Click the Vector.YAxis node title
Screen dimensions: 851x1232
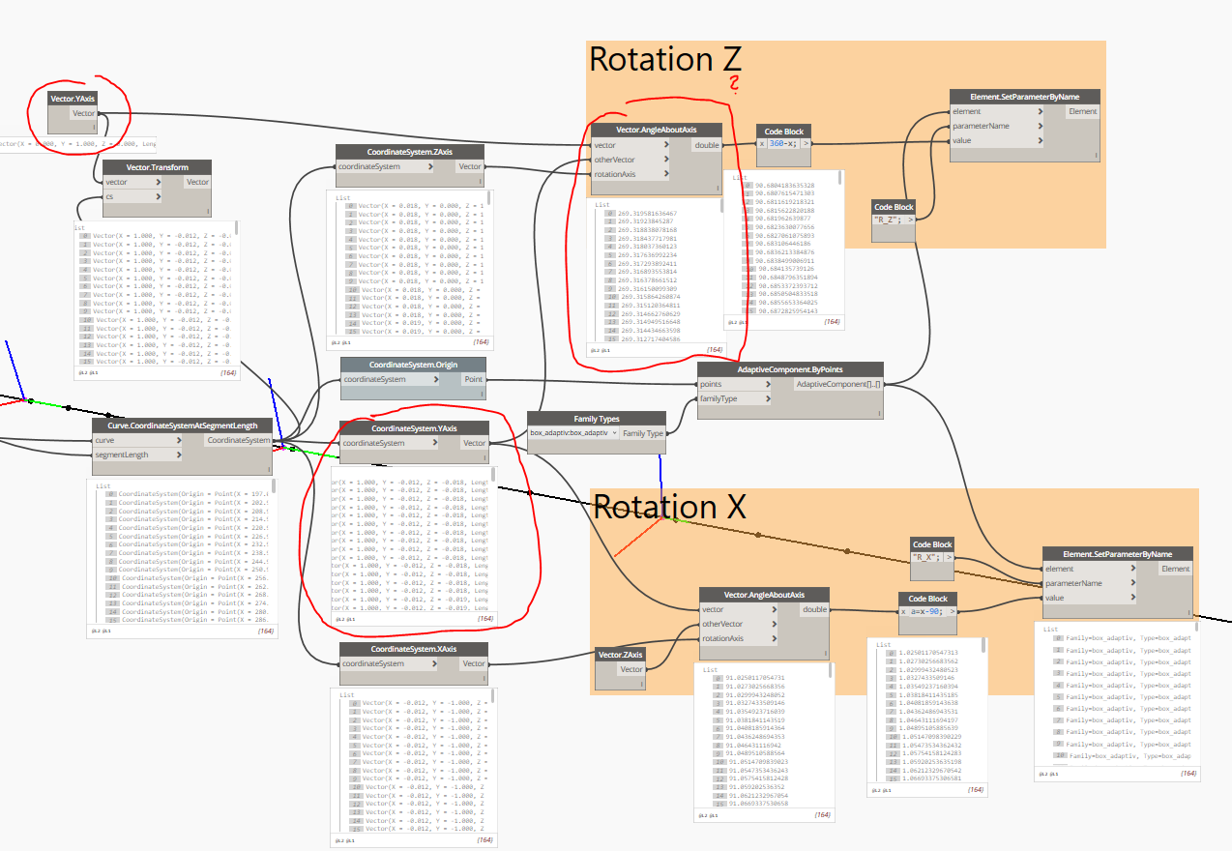[x=73, y=98]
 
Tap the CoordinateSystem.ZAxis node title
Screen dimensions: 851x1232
[x=410, y=152]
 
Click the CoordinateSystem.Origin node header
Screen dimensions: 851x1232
[x=414, y=365]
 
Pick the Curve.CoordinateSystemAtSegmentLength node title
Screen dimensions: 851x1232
[x=183, y=425]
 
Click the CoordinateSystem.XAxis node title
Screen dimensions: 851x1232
[x=414, y=649]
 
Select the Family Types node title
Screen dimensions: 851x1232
[x=596, y=419]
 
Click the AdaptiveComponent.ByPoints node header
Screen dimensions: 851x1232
[x=790, y=368]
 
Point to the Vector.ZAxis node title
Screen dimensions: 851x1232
[x=620, y=655]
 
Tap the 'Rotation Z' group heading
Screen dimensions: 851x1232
[x=664, y=60]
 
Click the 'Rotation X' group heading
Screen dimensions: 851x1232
[x=668, y=507]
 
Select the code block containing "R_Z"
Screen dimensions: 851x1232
[x=893, y=220]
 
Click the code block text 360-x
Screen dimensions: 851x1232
[x=782, y=143]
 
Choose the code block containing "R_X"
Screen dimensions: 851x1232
[x=931, y=557]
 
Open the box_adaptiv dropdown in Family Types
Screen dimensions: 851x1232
[x=572, y=433]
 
